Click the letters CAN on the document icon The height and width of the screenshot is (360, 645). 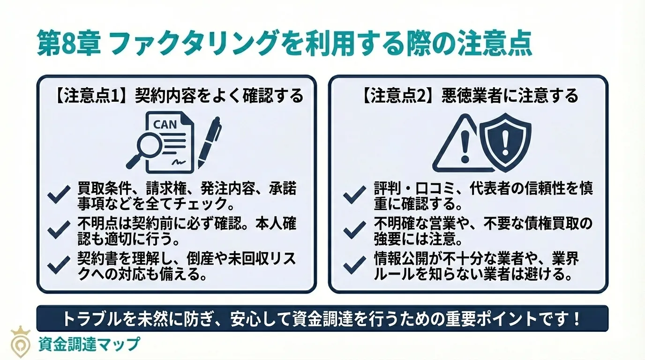[x=165, y=125]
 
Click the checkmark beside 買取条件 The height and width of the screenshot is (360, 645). [x=59, y=196]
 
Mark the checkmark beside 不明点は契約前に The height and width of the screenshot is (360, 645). [x=59, y=229]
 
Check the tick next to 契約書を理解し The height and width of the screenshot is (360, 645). [x=59, y=264]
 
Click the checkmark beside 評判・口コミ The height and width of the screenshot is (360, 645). [x=354, y=195]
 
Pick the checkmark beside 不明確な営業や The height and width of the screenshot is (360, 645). [x=354, y=230]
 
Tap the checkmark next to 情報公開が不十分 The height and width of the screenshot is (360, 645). [x=354, y=264]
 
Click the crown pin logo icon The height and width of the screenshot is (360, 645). [x=20, y=342]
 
